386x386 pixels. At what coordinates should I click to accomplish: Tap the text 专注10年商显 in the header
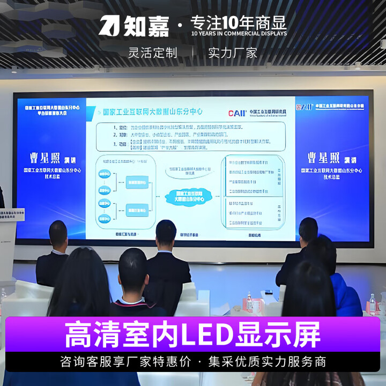pos(239,23)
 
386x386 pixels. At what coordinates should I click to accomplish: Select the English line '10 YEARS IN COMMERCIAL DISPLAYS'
pos(239,34)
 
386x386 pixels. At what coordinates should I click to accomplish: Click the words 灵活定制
pos(153,53)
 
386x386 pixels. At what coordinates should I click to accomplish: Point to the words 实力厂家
pos(233,53)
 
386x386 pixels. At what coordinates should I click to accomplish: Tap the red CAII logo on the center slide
pos(236,113)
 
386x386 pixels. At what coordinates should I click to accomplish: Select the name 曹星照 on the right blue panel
pos(331,158)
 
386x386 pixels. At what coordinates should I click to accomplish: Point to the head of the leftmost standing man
pos(58,233)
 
